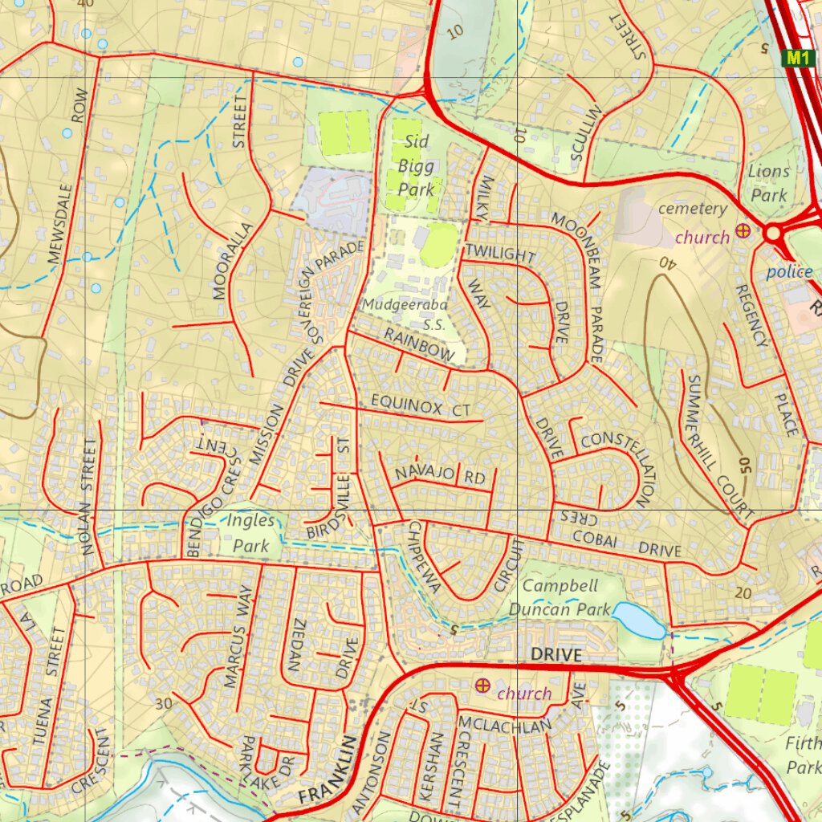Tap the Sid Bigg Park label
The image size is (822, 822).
click(417, 166)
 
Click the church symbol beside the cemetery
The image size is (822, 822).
click(744, 232)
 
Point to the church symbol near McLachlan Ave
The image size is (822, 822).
click(482, 685)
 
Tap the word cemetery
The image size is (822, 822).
click(692, 209)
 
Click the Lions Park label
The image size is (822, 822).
click(768, 182)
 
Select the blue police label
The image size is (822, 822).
click(788, 272)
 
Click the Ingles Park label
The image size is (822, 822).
click(250, 533)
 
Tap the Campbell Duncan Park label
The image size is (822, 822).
click(561, 597)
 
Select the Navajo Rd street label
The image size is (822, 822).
click(440, 474)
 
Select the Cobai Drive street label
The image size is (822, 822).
click(626, 546)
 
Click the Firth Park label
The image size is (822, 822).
click(803, 755)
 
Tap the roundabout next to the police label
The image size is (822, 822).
click(773, 234)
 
